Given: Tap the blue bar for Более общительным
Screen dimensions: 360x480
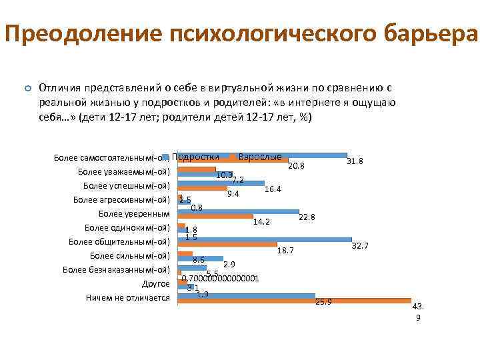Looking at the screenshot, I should [267, 239].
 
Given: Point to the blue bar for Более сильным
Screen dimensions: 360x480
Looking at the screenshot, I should [207, 258].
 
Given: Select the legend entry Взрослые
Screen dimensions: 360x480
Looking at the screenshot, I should [260, 156].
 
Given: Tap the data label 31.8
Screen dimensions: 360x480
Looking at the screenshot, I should [355, 161].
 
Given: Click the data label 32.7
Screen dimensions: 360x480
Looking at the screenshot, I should [360, 246].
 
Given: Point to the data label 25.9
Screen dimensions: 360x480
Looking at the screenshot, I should [323, 302].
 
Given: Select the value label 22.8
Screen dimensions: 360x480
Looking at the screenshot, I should [307, 217].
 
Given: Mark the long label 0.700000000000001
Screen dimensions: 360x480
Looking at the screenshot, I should [215, 279].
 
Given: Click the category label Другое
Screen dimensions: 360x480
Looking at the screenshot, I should [156, 284].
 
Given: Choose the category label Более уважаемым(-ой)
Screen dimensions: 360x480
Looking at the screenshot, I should [125, 171].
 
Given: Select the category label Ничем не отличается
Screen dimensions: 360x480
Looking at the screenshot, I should [128, 298].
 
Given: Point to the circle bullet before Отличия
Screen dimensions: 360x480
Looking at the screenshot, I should [27, 88].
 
